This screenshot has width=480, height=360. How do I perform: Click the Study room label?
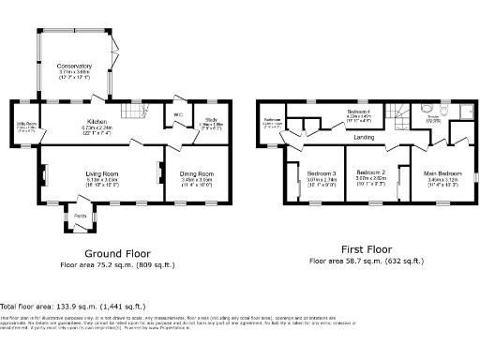[212, 120]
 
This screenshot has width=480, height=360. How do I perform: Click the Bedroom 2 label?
[372, 172]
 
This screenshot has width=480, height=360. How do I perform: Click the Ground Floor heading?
[118, 253]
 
